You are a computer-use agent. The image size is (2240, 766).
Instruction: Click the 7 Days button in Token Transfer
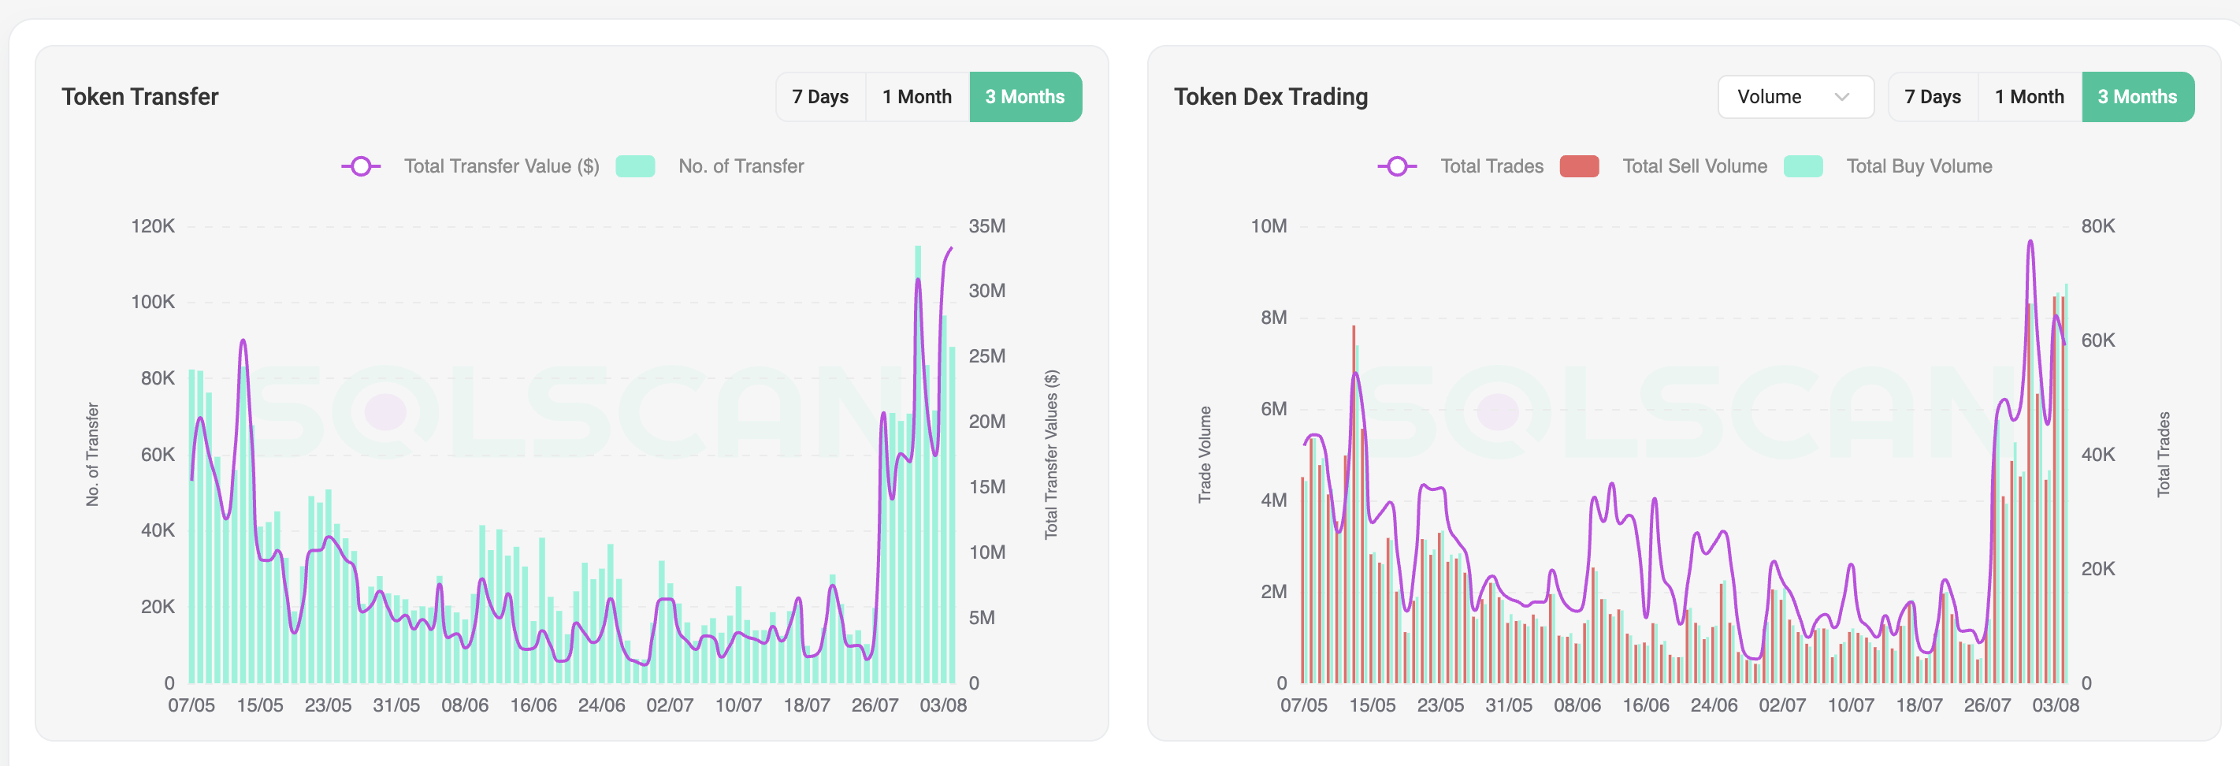point(819,96)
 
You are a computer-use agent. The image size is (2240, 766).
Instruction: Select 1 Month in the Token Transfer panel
point(916,96)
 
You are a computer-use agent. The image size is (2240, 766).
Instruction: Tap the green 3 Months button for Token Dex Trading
point(2137,96)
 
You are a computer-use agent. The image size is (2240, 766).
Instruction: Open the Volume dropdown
point(1794,96)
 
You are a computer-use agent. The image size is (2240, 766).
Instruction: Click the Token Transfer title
point(140,96)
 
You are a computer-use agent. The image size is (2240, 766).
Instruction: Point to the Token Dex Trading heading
point(1270,96)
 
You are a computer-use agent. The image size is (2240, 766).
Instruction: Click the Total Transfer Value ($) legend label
point(501,166)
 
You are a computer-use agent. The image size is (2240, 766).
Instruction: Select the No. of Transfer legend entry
point(740,166)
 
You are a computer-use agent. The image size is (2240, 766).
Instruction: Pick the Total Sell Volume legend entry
point(1694,166)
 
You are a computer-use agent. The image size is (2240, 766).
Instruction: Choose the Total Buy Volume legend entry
point(1919,166)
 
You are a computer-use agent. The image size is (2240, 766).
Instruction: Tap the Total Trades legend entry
point(1491,166)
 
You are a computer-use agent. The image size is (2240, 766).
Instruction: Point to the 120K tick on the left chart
point(153,226)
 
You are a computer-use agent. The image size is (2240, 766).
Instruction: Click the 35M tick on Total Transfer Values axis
point(987,226)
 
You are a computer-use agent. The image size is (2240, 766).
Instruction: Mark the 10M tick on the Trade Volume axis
point(1268,226)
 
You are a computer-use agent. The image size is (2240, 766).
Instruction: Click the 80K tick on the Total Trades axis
point(2097,226)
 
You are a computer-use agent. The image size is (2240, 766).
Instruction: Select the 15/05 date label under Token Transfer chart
point(260,705)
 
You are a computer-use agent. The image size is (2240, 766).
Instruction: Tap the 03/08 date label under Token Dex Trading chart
point(2055,705)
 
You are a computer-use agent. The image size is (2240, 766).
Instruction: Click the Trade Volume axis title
point(1205,454)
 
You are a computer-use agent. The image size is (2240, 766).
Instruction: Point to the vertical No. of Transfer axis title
point(92,454)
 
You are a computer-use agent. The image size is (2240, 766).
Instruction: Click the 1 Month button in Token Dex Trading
point(2029,96)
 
